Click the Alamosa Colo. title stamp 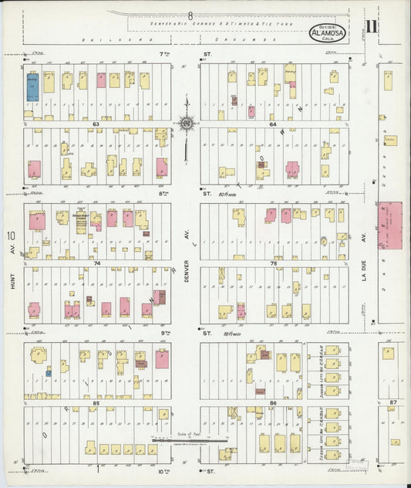328,33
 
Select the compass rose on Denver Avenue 186,123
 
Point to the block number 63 96,124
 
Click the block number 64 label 273,124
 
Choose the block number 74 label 96,263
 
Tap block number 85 96,403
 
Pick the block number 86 273,403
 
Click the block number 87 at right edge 392,403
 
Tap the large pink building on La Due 389,225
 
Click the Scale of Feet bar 189,440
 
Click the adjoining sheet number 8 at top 189,15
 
